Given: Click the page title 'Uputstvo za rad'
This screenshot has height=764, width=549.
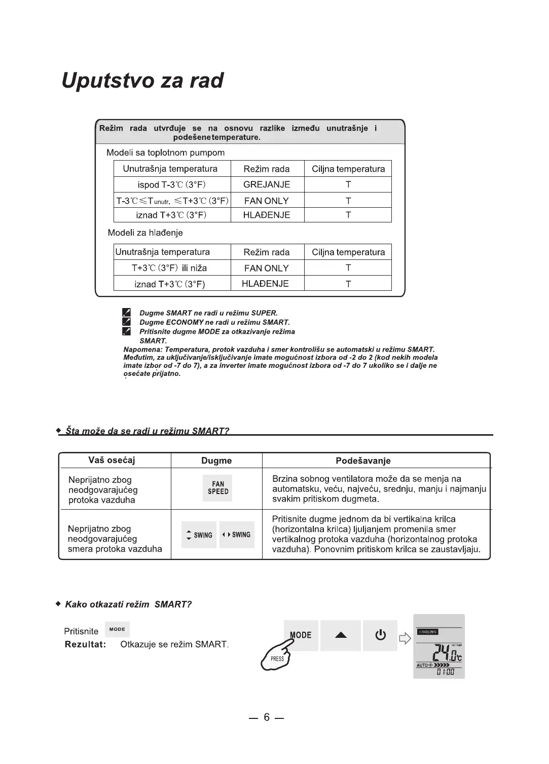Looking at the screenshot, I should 142,81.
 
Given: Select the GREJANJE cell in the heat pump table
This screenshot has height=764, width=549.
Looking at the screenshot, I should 267,184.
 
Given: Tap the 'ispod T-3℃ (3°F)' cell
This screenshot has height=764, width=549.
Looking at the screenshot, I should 172,184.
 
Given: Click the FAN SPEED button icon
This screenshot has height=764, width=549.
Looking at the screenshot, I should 218,488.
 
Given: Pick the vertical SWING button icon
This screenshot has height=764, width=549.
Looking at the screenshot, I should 199,535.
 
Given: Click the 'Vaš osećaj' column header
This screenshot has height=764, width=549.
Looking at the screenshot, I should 112,460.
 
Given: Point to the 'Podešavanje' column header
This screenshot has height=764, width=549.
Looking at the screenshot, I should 363,461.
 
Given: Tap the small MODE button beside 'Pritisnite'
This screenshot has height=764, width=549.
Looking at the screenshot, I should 117,629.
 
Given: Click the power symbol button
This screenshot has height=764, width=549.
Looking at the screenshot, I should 380,635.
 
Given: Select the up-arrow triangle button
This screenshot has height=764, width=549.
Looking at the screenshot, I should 341,635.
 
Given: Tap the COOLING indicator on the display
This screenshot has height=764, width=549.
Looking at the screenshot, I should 427,632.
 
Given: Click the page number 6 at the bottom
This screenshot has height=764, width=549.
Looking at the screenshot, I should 267,717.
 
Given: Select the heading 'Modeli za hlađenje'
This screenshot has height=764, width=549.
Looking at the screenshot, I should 145,233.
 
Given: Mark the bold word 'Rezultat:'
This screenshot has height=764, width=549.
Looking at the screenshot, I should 85,644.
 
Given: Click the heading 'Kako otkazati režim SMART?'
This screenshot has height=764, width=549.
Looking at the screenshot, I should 129,604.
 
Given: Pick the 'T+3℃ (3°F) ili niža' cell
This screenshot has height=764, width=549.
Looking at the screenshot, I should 169,268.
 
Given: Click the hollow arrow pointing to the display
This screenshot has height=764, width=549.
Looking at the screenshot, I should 405,638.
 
